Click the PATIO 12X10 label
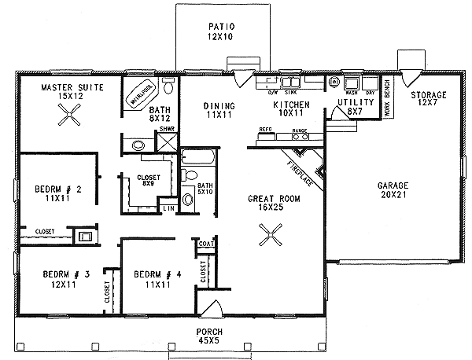223,31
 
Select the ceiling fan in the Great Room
271,233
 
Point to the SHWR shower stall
167,142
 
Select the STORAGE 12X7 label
429,100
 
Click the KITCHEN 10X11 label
290,108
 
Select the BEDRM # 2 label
54,194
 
